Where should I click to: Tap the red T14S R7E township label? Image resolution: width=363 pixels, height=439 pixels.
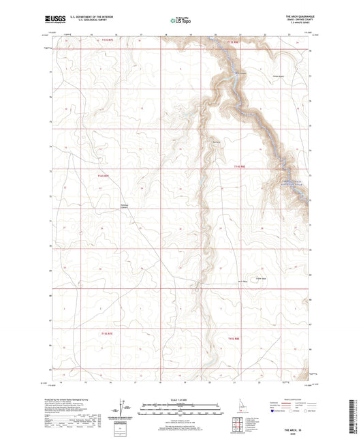click(x=98, y=175)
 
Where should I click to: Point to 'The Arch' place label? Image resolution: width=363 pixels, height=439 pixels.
click(x=217, y=141)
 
